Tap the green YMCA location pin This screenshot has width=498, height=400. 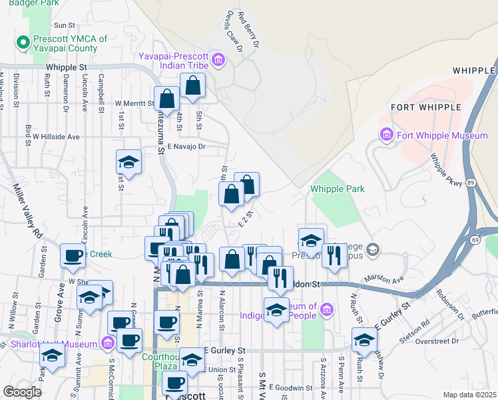pyautogui.click(x=24, y=43)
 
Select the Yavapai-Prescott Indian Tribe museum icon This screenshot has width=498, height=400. pyautogui.click(x=218, y=62)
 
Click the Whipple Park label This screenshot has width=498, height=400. pyautogui.click(x=338, y=189)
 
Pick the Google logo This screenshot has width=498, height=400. pyautogui.click(x=22, y=392)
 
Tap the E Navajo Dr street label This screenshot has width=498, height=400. pyautogui.click(x=187, y=146)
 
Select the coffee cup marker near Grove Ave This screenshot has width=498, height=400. pyautogui.click(x=73, y=255)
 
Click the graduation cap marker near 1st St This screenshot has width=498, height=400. pyautogui.click(x=129, y=162)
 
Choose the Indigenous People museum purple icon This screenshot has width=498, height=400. pyautogui.click(x=326, y=309)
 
